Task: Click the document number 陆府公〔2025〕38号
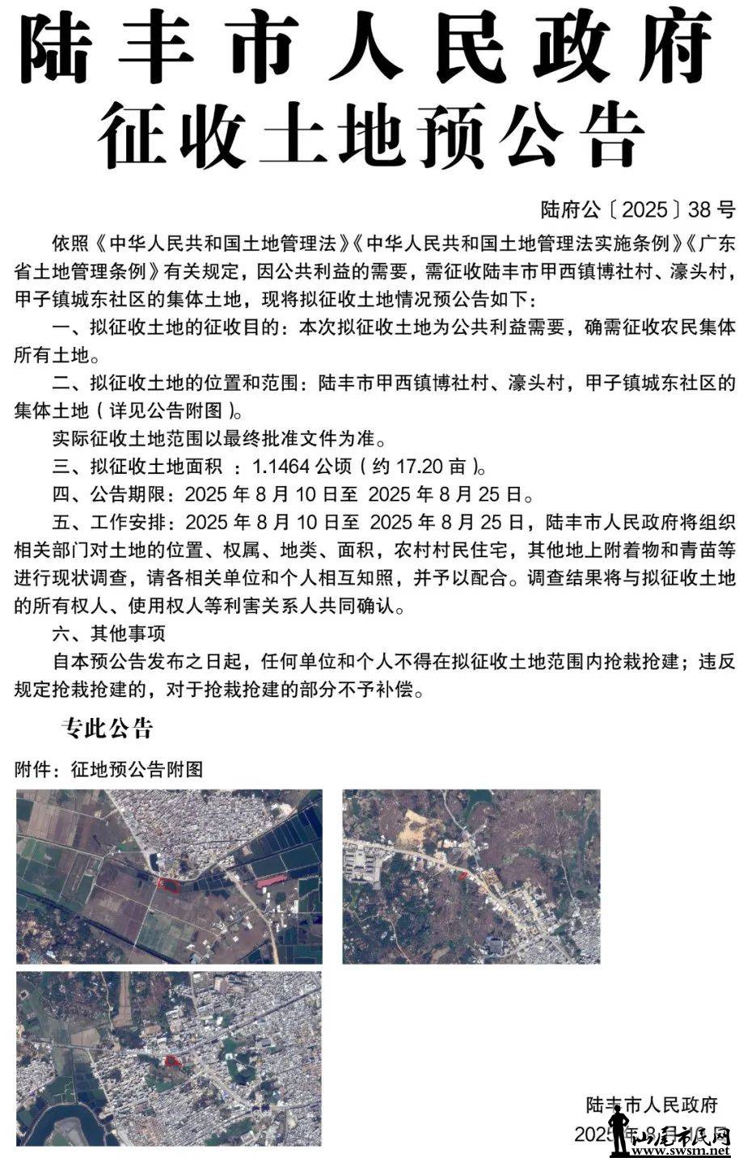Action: point(637,210)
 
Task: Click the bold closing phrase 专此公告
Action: point(107,729)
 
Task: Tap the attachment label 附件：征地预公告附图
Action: point(108,768)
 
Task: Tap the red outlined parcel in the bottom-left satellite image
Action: point(171,1060)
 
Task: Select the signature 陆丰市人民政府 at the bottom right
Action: point(652,1105)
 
